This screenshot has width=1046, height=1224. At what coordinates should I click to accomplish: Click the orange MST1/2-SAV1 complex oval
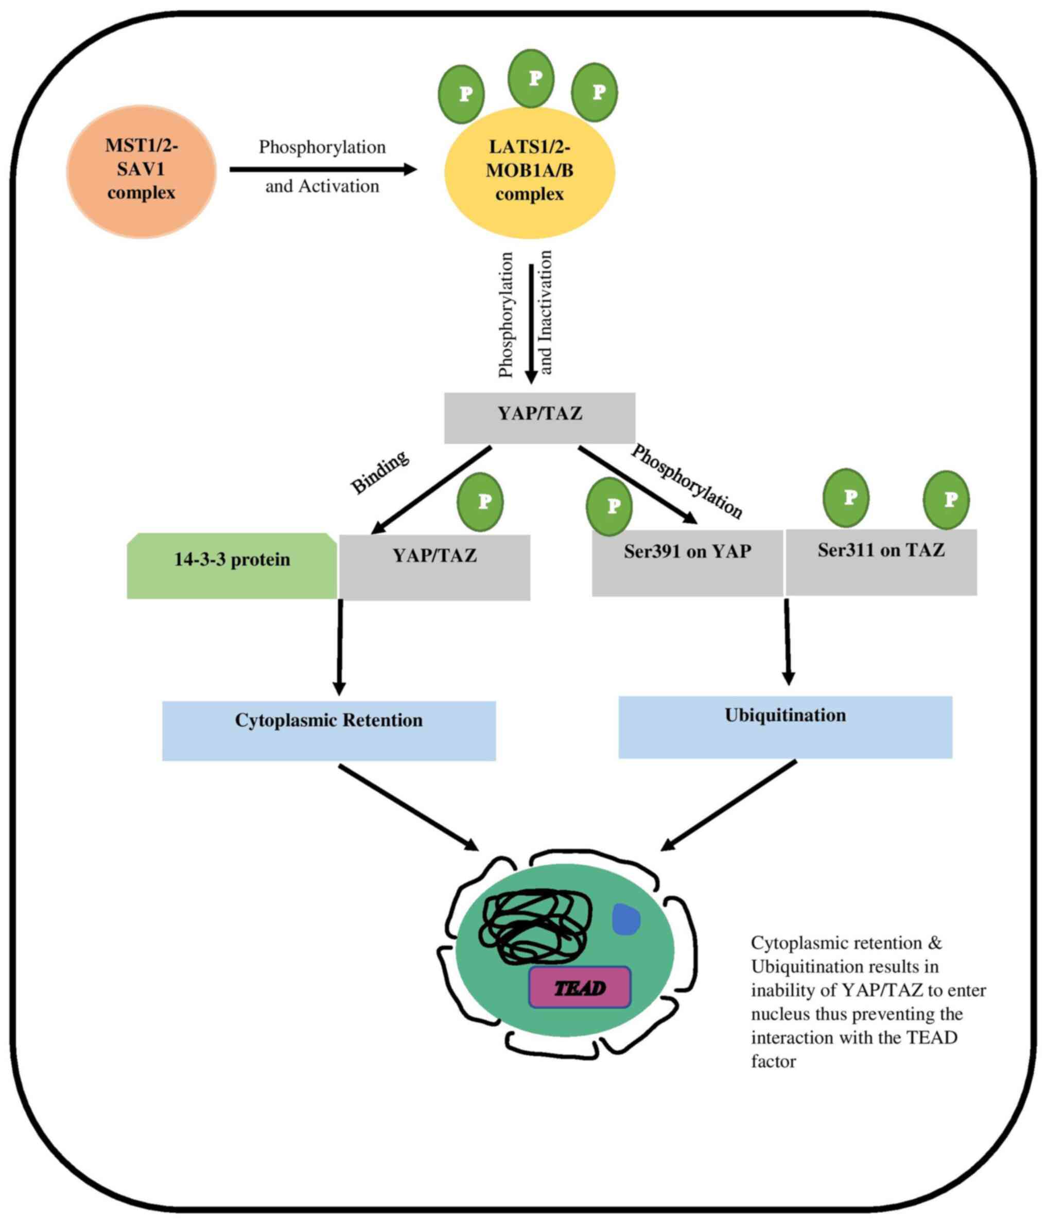[141, 171]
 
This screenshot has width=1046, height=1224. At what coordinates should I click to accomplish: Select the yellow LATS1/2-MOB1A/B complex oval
[530, 172]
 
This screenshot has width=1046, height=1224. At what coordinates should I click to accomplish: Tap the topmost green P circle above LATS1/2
[531, 78]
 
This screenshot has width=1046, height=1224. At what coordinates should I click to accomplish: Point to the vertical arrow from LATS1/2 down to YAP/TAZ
[531, 322]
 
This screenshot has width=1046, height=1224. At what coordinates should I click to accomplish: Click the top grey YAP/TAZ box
[539, 417]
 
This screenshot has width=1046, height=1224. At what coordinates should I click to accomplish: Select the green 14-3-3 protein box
[232, 565]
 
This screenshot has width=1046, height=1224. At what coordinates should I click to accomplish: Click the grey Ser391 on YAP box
[687, 562]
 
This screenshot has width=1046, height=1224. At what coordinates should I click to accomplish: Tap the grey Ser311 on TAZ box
[881, 561]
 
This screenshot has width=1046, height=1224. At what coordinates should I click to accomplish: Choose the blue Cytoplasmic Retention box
[328, 730]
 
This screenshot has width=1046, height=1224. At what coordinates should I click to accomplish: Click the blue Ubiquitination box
[785, 726]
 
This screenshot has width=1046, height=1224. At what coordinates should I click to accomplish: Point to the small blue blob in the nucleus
[626, 919]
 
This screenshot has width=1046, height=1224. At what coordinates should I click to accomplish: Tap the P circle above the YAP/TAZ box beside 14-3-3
[480, 502]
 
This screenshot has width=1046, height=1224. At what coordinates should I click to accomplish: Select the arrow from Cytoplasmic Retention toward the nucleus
[408, 807]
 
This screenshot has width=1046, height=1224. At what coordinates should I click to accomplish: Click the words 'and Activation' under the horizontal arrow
[322, 187]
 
